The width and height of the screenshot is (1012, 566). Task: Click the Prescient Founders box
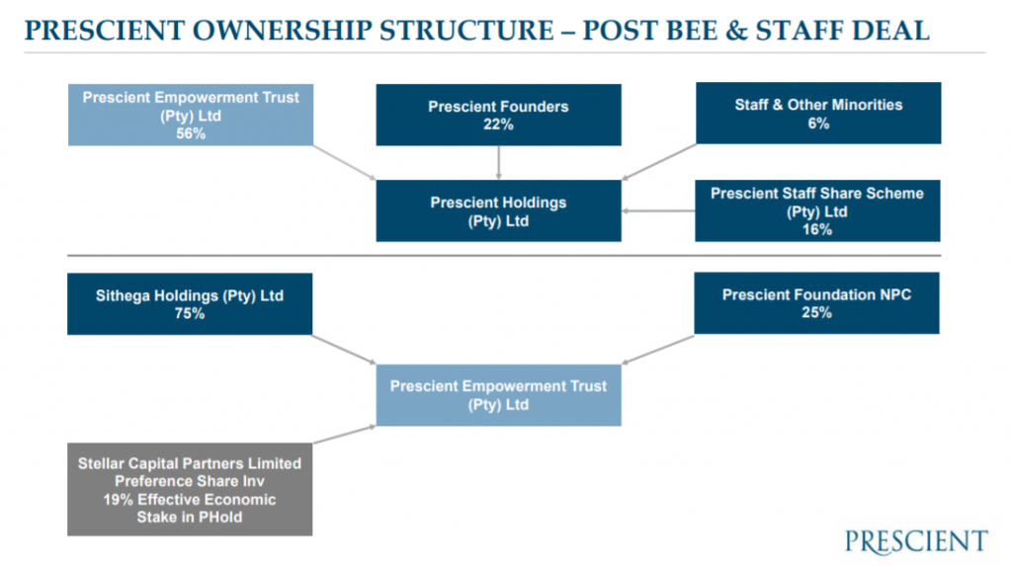tap(498, 115)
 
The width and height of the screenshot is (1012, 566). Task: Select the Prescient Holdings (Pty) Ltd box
tap(498, 210)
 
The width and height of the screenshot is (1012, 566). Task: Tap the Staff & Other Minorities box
tap(817, 113)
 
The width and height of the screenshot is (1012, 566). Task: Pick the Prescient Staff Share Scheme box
tap(817, 210)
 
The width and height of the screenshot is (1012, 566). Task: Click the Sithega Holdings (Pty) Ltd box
tap(190, 303)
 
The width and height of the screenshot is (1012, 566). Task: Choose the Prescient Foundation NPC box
tap(817, 303)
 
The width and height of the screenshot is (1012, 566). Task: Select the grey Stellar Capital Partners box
tap(190, 490)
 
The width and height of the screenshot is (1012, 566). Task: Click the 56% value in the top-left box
tap(190, 134)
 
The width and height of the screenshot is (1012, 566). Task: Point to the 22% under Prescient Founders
tap(498, 124)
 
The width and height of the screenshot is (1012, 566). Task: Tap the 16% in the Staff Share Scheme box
tap(817, 229)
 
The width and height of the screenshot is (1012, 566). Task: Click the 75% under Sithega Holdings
tap(190, 314)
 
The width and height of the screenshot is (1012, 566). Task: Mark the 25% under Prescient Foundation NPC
tap(817, 313)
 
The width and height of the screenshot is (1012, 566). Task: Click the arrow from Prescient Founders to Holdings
tap(499, 163)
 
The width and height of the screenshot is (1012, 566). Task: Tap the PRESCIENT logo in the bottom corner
tap(915, 541)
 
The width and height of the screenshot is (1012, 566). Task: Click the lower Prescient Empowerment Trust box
tap(498, 395)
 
